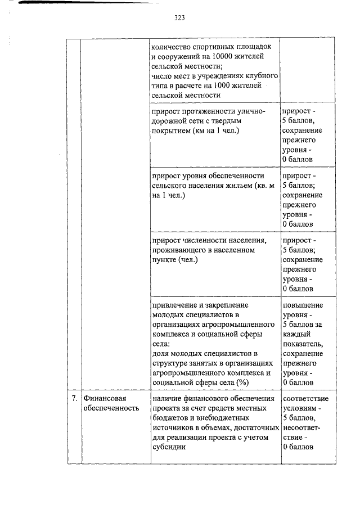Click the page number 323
click(179, 17)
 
